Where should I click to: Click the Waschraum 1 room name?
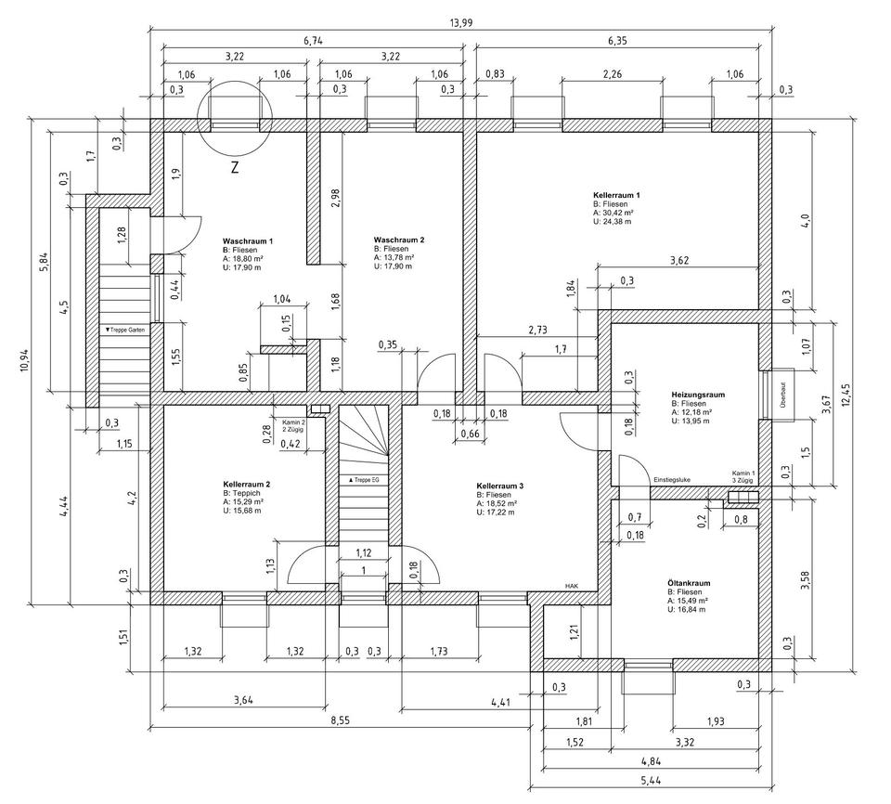248,241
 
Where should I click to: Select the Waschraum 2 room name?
399,240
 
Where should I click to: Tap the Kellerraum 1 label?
616,195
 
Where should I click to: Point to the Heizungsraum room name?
698,395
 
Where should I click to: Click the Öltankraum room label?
689,583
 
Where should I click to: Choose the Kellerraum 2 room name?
247,485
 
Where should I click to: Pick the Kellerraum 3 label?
500,486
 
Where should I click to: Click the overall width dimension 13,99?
461,22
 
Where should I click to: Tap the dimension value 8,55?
341,720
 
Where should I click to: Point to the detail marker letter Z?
235,168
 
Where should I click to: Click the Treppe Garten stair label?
125,330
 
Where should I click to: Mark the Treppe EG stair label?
364,480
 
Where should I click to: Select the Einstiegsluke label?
672,479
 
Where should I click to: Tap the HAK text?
571,586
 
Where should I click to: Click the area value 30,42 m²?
613,213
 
